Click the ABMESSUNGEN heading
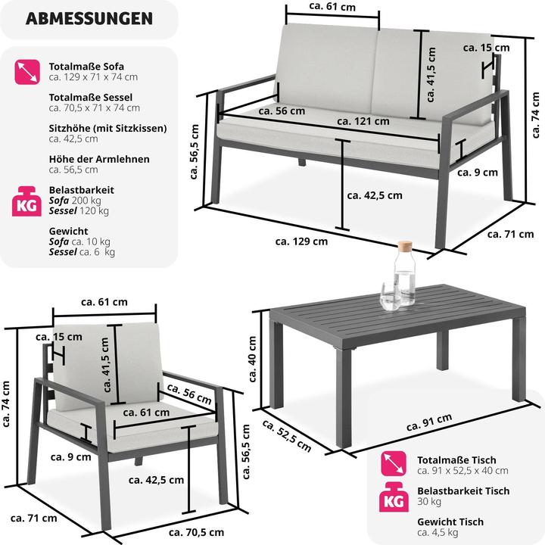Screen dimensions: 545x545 (x=89, y=19)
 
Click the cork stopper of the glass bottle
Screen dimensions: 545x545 (x=406, y=247)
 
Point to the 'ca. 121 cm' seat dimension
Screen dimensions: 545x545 (x=363, y=121)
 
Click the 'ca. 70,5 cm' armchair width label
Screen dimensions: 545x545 (x=195, y=531)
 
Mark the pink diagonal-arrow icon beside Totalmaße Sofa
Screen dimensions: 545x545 (x=27, y=72)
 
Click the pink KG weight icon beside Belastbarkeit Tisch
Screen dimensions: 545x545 (x=395, y=496)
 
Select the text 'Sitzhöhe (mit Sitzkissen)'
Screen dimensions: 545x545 (x=107, y=129)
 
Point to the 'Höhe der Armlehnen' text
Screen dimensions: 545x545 (x=99, y=159)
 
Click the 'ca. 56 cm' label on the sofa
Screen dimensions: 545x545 (x=282, y=111)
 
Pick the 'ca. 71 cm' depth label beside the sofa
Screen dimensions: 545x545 (x=510, y=234)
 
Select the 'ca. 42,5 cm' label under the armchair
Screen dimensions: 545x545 (x=156, y=479)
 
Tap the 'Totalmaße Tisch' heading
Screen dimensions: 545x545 (x=456, y=459)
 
